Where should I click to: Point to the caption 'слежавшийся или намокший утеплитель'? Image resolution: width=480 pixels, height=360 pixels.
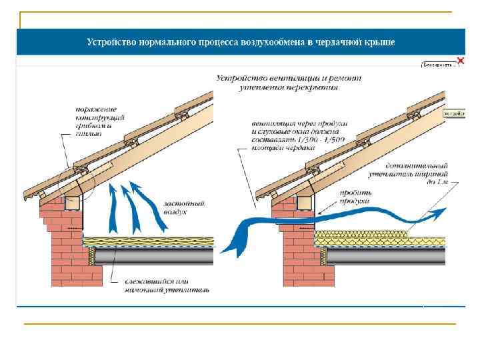pos(166,286)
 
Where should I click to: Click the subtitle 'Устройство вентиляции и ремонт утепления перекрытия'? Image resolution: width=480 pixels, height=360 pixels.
pos(289,82)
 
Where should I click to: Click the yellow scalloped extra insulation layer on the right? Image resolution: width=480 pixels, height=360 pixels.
pos(363,235)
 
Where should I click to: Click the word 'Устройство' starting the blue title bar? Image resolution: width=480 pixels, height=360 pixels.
pos(110,42)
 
